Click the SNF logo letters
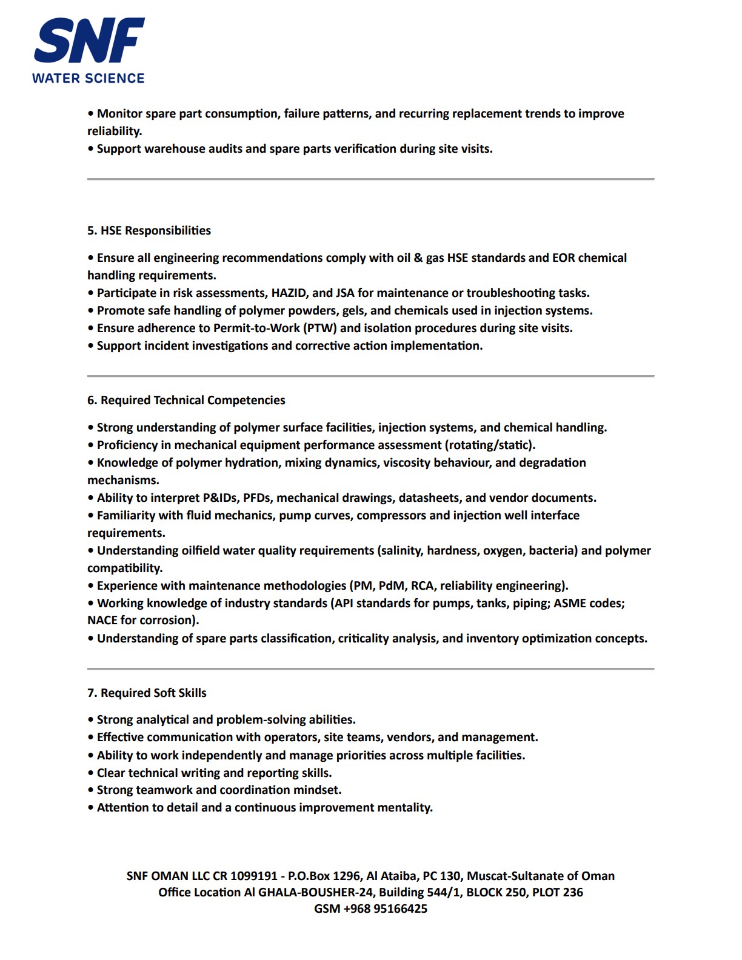[89, 41]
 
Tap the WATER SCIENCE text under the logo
[89, 78]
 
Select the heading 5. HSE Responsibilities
[149, 230]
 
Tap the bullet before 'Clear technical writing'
[91, 773]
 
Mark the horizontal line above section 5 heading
[370, 179]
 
